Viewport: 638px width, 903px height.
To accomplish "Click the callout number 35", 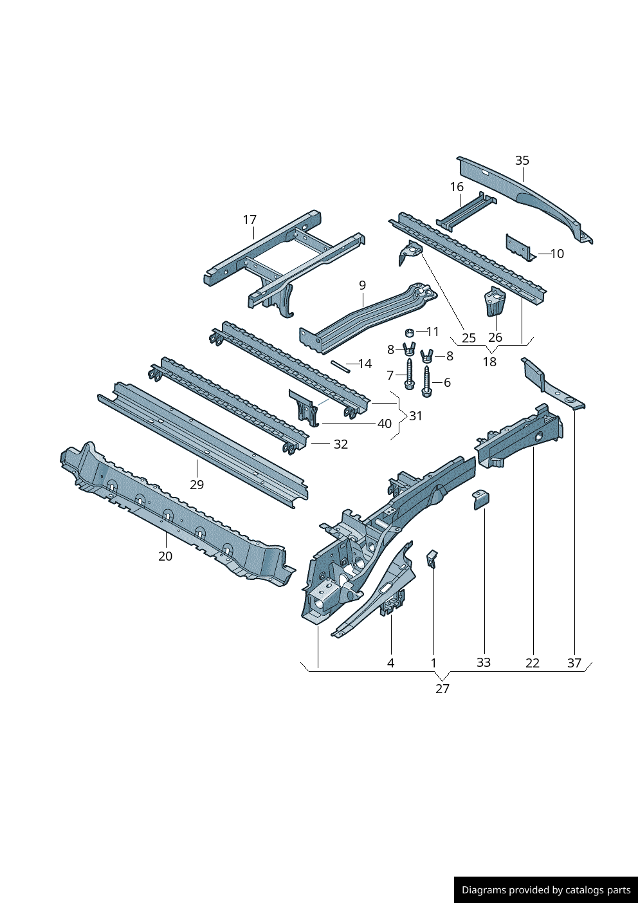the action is pos(522,160).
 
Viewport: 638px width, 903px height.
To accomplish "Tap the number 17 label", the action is pos(250,219).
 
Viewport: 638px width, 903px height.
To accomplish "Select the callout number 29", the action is pos(197,485).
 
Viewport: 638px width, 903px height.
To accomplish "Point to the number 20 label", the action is pos(165,556).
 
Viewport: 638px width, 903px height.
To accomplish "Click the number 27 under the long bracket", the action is pos(442,689).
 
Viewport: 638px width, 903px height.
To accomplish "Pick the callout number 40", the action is pos(384,424).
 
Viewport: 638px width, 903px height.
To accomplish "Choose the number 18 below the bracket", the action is pos(490,362).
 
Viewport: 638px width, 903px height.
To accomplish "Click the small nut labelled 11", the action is pos(410,333).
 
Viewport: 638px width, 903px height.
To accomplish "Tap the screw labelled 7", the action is pos(408,374).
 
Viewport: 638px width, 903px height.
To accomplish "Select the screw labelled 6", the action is pos(426,382).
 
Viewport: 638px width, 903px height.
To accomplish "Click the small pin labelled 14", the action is pos(341,367).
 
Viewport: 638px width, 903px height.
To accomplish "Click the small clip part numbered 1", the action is pos(432,559).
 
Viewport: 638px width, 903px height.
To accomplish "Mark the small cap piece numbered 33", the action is pos(481,500).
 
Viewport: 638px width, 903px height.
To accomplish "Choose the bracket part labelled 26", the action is pos(495,302).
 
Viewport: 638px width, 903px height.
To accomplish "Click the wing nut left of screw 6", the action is pos(426,356).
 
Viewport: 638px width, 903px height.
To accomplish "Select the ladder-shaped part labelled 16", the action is pos(466,212).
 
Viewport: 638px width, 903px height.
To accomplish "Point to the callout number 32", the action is pos(341,444).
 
